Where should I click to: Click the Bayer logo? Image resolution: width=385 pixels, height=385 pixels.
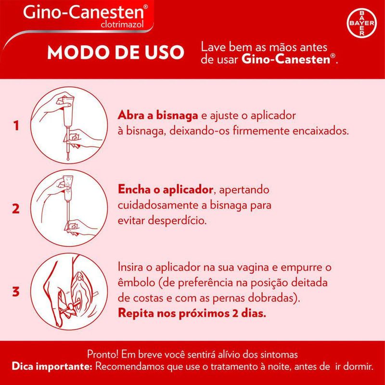361,23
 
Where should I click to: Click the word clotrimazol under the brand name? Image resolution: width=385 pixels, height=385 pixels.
122,25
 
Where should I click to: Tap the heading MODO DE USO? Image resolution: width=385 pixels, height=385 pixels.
115,52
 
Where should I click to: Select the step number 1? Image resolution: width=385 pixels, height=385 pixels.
16,126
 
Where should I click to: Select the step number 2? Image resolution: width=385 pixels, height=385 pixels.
16,209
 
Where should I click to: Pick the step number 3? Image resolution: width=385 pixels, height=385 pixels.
16,292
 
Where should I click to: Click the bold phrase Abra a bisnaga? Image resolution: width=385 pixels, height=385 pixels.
158,115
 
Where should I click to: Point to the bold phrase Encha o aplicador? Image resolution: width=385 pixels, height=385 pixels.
165,189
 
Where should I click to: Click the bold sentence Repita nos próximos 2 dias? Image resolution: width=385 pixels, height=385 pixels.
192,313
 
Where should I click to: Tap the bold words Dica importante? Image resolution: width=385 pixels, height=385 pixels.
52,367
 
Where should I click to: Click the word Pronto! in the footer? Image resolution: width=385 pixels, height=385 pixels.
103,355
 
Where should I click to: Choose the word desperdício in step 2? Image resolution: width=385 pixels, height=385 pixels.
177,221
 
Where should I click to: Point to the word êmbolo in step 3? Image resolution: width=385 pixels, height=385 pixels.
136,282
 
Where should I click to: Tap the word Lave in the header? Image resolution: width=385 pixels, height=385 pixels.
211,47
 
